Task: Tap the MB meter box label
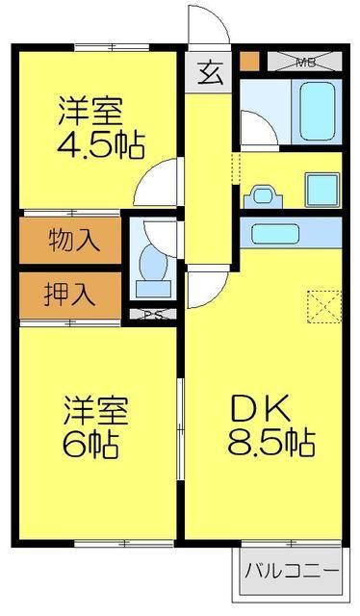click(305, 64)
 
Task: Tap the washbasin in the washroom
click(262, 196)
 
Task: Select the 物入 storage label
click(72, 240)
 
